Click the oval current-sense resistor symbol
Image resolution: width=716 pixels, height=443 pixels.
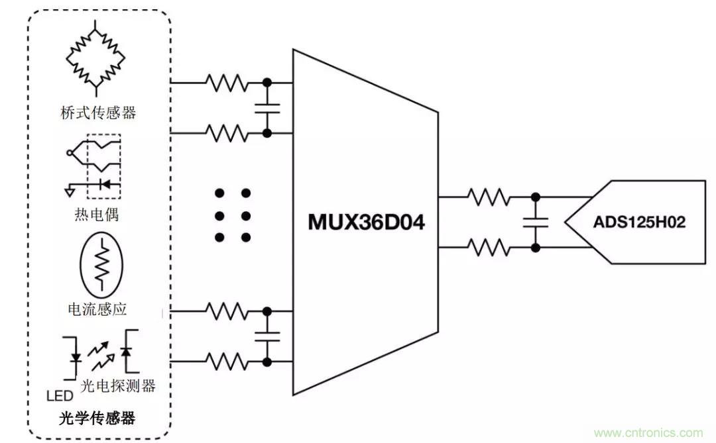[101, 264]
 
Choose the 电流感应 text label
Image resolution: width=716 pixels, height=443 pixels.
[97, 309]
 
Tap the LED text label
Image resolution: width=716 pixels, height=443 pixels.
[59, 396]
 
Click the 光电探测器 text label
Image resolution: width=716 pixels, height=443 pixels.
[127, 385]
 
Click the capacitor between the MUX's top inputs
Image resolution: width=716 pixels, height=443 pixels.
[267, 107]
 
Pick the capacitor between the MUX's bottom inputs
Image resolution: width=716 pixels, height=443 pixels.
[267, 335]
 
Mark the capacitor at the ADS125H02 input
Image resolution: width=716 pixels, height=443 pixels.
[535, 222]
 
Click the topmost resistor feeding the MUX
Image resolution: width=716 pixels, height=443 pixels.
[226, 83]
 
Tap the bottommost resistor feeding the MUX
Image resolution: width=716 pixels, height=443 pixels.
[226, 361]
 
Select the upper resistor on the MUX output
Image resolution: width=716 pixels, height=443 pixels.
[489, 197]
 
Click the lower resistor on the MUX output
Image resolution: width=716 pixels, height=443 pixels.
[489, 248]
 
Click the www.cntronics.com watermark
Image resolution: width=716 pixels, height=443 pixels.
[648, 433]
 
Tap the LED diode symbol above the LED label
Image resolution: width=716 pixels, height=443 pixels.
[76, 358]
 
